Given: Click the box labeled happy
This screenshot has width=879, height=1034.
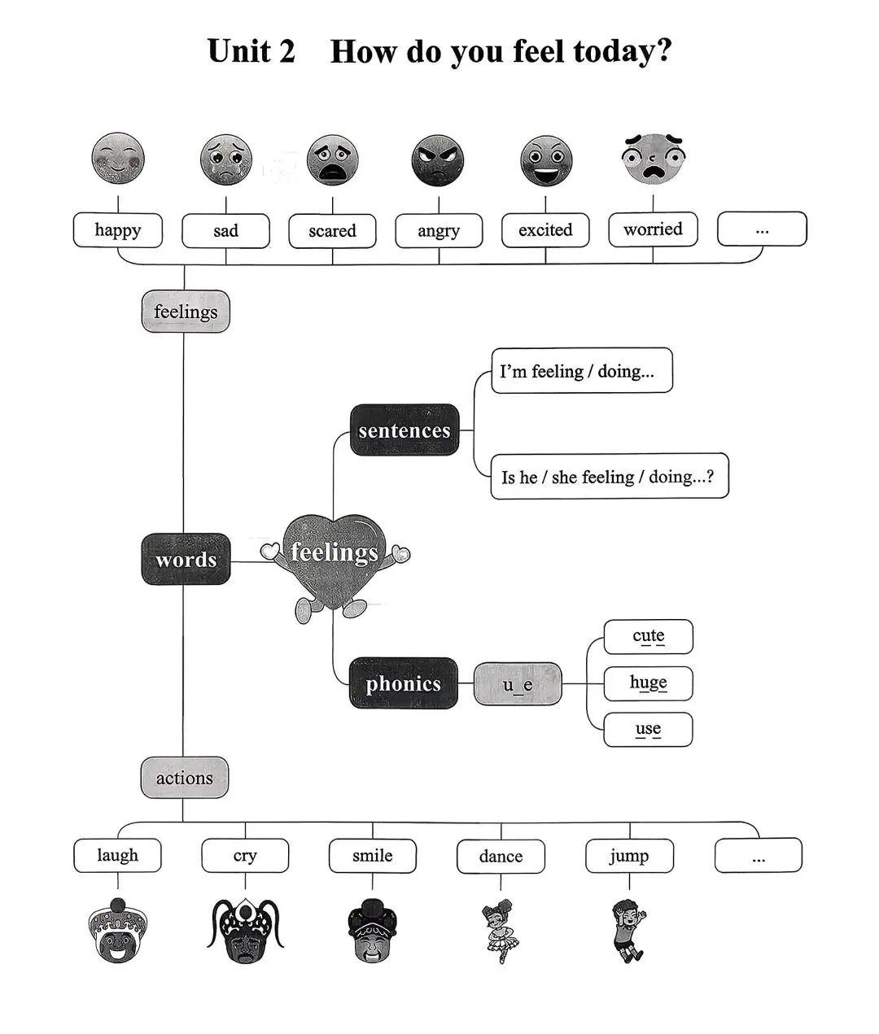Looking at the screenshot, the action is pyautogui.click(x=118, y=230).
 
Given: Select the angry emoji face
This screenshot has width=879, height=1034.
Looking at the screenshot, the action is pyautogui.click(x=438, y=160).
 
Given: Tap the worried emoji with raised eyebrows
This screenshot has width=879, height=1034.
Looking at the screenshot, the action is pyautogui.click(x=654, y=158).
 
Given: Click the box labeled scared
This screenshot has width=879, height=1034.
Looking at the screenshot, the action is pyautogui.click(x=332, y=230).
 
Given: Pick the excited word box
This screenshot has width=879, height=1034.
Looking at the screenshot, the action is pyautogui.click(x=545, y=230).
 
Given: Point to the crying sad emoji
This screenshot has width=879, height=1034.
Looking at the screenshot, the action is pyautogui.click(x=225, y=159).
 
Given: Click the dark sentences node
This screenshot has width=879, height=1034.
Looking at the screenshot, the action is pyautogui.click(x=405, y=430).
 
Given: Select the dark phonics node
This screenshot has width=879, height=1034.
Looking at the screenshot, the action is pyautogui.click(x=404, y=683).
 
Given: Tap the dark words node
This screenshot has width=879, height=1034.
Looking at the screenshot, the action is pyautogui.click(x=186, y=559).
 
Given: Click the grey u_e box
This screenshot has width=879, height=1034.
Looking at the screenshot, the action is pyautogui.click(x=518, y=684).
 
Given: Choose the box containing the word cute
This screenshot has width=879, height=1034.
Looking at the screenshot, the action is pyautogui.click(x=648, y=636).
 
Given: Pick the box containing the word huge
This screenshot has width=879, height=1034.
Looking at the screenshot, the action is pyautogui.click(x=648, y=683).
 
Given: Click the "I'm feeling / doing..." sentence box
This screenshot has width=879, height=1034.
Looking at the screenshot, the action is pyautogui.click(x=582, y=370).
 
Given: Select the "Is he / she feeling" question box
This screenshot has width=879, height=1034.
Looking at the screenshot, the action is pyautogui.click(x=610, y=476).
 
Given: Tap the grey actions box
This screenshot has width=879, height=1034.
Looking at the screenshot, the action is pyautogui.click(x=184, y=778).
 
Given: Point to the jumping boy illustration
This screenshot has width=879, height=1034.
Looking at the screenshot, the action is pyautogui.click(x=629, y=930).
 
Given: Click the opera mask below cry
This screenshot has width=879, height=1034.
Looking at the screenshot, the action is pyautogui.click(x=245, y=930).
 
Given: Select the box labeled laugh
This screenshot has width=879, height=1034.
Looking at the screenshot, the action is pyautogui.click(x=117, y=855).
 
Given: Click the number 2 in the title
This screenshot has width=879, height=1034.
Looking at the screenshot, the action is pyautogui.click(x=286, y=50).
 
